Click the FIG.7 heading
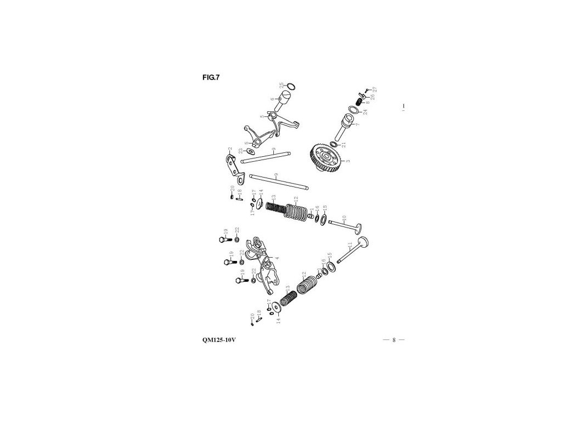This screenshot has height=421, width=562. pos(211,77)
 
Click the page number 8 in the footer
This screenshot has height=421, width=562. pos(394,340)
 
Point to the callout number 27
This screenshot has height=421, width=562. pos(375,89)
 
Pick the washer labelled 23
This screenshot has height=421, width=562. pos(250,151)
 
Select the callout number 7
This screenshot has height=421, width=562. pos(357,124)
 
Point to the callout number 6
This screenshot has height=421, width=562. pos(272,99)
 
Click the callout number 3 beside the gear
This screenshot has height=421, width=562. pos(348,161)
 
